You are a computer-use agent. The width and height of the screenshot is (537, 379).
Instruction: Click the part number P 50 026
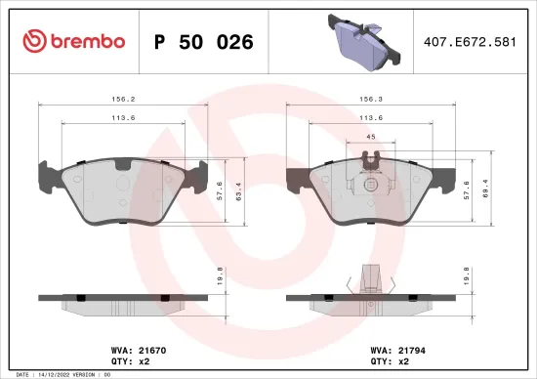pos(204,42)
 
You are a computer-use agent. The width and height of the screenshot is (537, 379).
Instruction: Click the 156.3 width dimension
pos(371,98)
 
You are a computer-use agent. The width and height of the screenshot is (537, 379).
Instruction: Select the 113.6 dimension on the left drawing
pos(122,117)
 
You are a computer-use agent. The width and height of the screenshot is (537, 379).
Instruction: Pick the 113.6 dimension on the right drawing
pos(371,117)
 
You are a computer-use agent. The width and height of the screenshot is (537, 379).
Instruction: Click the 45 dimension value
pos(370,138)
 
